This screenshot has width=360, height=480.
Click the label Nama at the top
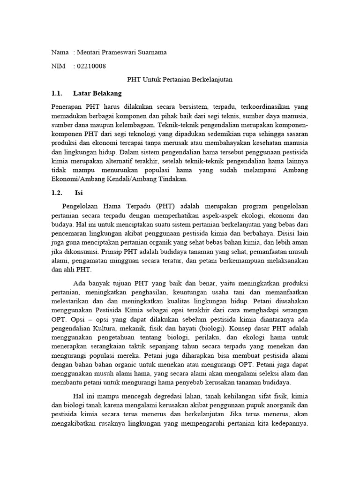(x=60, y=52)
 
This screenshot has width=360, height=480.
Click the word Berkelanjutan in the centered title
(x=209, y=80)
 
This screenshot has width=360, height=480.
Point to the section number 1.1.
(x=57, y=93)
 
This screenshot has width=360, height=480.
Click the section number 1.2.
(x=57, y=193)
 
